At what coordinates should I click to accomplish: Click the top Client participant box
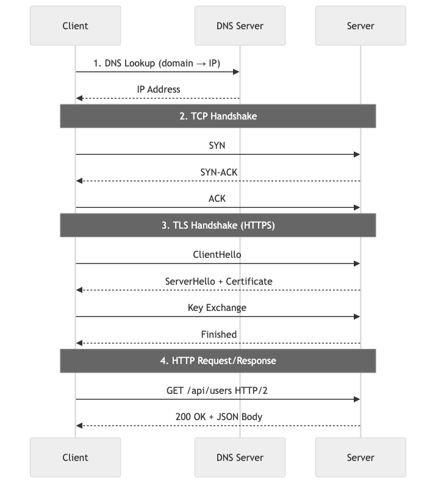tap(75, 26)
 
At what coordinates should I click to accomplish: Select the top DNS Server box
tap(240, 26)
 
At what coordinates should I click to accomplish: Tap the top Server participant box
tap(360, 26)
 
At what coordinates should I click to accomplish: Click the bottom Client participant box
tap(75, 457)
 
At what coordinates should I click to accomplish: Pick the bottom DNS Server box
tap(240, 457)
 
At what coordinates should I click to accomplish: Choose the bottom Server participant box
tap(360, 457)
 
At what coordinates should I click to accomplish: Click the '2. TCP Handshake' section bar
tap(218, 116)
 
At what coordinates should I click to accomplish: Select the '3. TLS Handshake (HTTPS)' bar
tap(218, 225)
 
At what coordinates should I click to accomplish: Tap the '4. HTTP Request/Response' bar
tap(218, 360)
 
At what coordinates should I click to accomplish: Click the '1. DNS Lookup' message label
tap(157, 63)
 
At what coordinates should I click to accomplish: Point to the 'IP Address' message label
tap(158, 89)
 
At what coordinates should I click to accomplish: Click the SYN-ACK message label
tap(218, 172)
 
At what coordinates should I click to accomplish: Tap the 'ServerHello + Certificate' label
tap(218, 281)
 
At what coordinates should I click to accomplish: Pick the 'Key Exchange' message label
tap(217, 307)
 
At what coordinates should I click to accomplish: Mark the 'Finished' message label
tap(218, 334)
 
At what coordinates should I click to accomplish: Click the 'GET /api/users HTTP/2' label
tap(217, 390)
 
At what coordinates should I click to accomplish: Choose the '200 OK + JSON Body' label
tap(218, 416)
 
